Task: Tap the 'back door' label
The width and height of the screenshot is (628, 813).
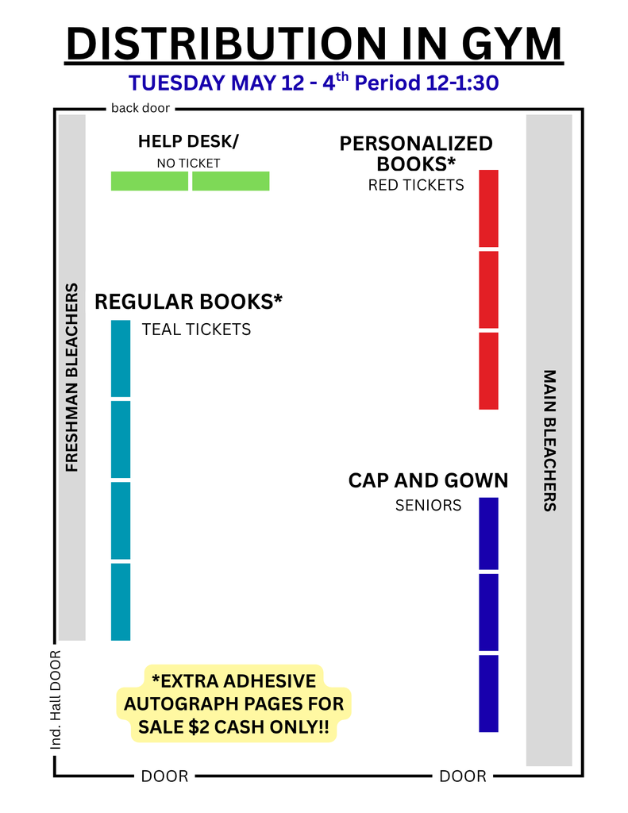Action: [141, 109]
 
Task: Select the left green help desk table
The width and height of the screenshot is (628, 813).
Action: [149, 181]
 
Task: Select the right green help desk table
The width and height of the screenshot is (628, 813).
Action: [230, 181]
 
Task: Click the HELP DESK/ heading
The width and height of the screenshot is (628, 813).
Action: [188, 141]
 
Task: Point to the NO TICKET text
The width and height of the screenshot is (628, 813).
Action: [188, 164]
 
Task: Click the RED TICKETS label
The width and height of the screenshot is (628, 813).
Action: [416, 185]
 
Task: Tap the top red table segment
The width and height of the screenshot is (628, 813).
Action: [488, 208]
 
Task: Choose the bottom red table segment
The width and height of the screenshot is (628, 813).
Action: [488, 371]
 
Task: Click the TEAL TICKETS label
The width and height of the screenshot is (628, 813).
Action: [196, 329]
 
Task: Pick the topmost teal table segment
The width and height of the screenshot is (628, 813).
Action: [121, 358]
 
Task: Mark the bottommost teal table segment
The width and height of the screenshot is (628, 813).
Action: [121, 602]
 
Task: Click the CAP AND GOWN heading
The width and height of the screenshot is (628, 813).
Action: [428, 481]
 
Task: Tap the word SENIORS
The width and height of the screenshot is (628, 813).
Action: [428, 506]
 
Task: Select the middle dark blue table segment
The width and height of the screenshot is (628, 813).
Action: [488, 612]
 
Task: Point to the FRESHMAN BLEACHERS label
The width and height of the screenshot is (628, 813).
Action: [72, 377]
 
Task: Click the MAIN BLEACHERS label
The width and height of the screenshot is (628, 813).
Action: [549, 440]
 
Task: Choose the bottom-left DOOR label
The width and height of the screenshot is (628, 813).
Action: [164, 776]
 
